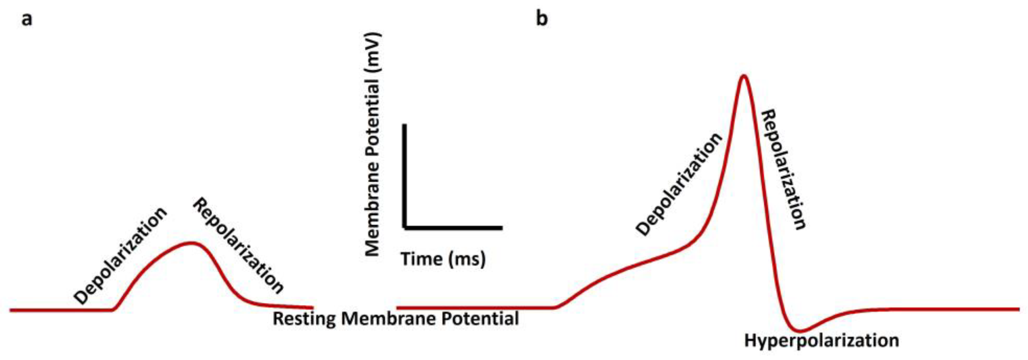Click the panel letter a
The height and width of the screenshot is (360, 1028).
pos(27,19)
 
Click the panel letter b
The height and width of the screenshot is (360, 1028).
pos(541,19)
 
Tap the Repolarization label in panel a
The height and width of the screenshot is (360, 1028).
pos(238,246)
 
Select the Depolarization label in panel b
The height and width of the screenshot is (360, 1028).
pos(679,184)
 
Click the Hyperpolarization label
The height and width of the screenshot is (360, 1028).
pos(822,341)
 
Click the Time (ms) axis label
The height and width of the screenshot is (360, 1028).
pos(443,259)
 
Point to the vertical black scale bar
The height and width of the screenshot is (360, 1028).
pos(405,176)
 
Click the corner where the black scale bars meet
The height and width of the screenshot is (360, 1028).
pos(405,228)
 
